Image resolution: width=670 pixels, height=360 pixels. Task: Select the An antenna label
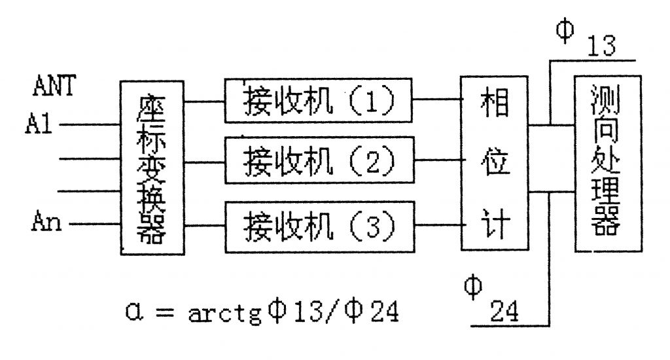click(46, 224)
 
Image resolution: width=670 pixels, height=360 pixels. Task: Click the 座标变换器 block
click(152, 168)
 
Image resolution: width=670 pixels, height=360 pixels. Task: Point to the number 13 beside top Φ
click(602, 48)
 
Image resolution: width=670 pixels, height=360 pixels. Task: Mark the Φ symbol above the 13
click(563, 30)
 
